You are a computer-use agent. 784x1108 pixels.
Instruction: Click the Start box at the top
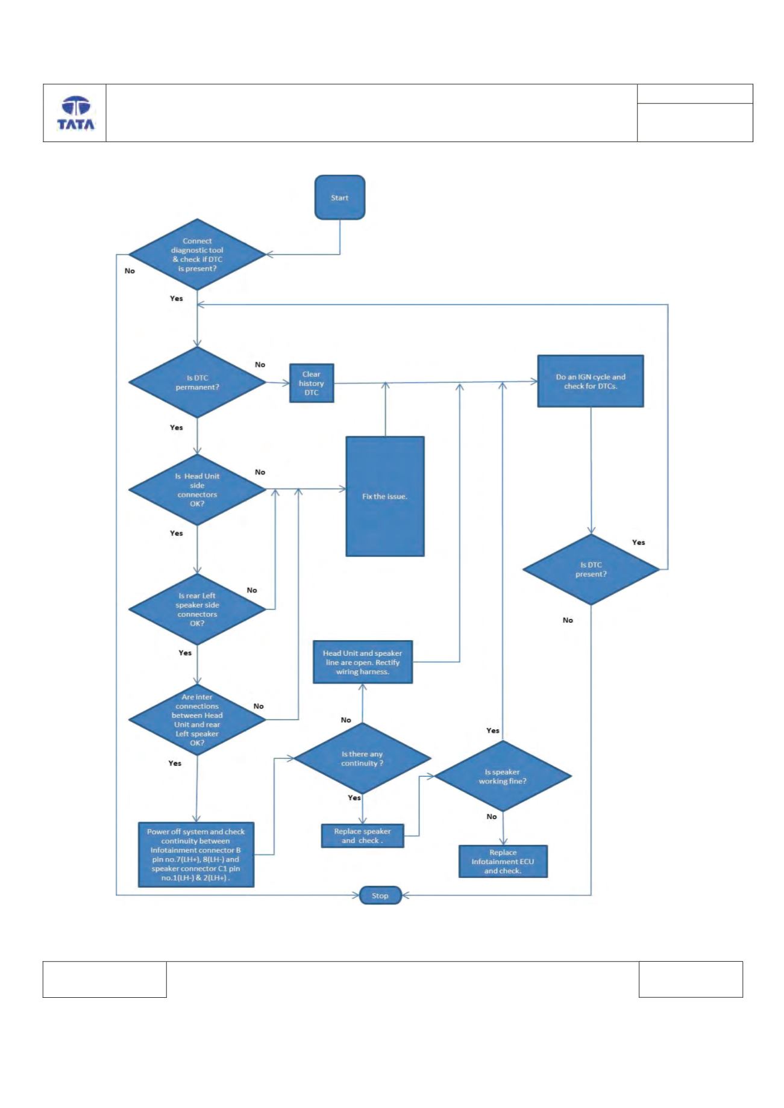pyautogui.click(x=340, y=198)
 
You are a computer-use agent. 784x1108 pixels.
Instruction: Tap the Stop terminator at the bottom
pyautogui.click(x=380, y=895)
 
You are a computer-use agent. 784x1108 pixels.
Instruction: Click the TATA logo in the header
pyautogui.click(x=76, y=114)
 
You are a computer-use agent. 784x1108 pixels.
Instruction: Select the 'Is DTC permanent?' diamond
pyautogui.click(x=197, y=382)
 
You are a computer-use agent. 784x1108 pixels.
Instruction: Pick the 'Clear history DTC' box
pyautogui.click(x=312, y=383)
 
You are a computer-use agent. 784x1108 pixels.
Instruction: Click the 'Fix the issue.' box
pyautogui.click(x=385, y=496)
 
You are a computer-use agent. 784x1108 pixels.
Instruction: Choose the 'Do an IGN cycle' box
pyautogui.click(x=591, y=381)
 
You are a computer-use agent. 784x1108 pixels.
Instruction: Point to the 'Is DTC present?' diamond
pyautogui.click(x=591, y=570)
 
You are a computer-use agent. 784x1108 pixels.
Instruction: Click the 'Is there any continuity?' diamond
pyautogui.click(x=362, y=758)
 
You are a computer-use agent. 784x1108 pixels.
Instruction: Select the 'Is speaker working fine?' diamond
pyautogui.click(x=503, y=776)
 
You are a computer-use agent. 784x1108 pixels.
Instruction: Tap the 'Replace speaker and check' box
pyautogui.click(x=362, y=836)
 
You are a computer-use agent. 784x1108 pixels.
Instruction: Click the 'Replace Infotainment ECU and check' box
pyautogui.click(x=503, y=861)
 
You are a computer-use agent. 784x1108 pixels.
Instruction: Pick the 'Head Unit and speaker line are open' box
pyautogui.click(x=363, y=662)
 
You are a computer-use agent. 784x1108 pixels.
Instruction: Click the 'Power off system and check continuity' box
pyautogui.click(x=196, y=854)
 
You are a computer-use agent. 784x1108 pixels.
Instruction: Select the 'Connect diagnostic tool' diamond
pyautogui.click(x=197, y=255)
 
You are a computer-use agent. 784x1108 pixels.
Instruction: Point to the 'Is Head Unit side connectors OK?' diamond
pyautogui.click(x=197, y=490)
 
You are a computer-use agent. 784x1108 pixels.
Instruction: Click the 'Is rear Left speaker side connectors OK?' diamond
pyautogui.click(x=197, y=609)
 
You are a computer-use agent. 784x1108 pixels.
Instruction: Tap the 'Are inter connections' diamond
pyautogui.click(x=197, y=720)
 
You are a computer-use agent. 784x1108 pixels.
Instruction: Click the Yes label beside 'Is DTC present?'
pyautogui.click(x=639, y=543)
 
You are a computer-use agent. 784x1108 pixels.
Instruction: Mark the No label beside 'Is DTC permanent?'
pyautogui.click(x=260, y=364)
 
